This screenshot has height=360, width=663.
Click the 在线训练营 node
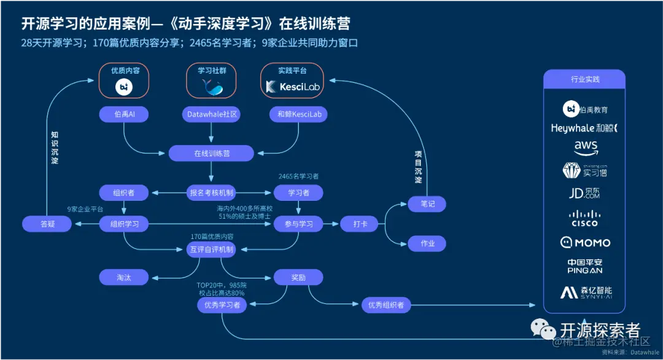click(211, 153)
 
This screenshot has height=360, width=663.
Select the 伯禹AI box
click(125, 114)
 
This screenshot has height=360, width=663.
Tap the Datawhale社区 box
click(211, 114)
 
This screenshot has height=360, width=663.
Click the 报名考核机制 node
click(211, 193)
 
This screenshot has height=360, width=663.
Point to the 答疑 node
click(47, 224)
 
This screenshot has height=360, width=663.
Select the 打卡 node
click(359, 224)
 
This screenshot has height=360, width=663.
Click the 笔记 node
click(427, 204)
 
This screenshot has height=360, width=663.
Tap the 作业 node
click(427, 244)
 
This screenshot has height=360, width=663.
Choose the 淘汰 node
click(125, 277)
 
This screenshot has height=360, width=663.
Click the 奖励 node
click(298, 277)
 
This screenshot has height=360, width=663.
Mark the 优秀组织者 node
click(386, 305)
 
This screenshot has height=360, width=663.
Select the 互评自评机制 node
click(211, 249)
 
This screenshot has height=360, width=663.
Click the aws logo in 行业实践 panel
click(584, 147)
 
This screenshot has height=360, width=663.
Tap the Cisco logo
click(584, 217)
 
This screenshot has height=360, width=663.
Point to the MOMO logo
click(584, 243)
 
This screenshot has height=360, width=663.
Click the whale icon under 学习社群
click(212, 88)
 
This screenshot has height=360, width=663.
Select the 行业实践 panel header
click(584, 79)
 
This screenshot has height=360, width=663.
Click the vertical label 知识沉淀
click(55, 147)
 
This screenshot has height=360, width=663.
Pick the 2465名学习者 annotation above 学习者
click(298, 176)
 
